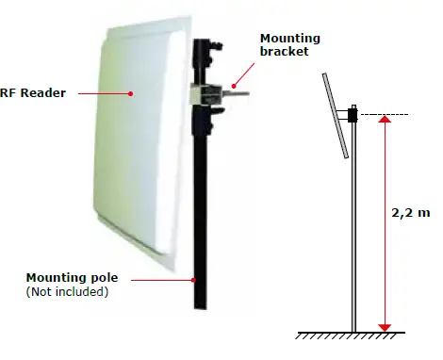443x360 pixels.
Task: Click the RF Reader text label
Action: (32, 93)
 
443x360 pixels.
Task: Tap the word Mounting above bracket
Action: (289, 39)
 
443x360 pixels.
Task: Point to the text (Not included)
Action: (67, 292)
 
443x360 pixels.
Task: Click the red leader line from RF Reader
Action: (104, 93)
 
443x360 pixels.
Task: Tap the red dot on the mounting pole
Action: (195, 278)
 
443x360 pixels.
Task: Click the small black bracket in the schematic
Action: (352, 115)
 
